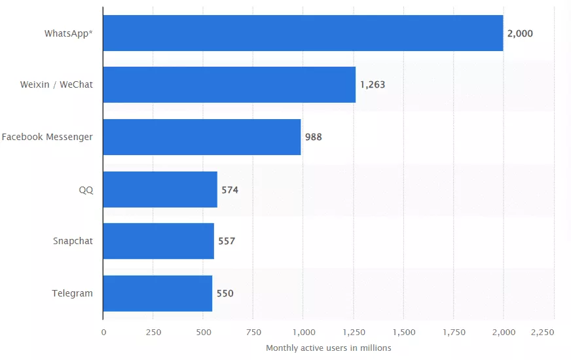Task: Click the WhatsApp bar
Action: tap(303, 33)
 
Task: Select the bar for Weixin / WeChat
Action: tap(229, 84)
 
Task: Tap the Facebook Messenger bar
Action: tap(202, 137)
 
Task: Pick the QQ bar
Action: tap(160, 190)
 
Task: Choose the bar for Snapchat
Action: tap(158, 241)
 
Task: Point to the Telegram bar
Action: tap(158, 293)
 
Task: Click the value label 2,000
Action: tap(520, 33)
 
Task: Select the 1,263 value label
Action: tap(373, 85)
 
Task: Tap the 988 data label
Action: tap(314, 137)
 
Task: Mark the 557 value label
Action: tap(227, 242)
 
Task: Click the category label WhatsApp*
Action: tap(68, 33)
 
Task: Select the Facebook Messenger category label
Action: tap(47, 137)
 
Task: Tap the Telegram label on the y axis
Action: tap(72, 293)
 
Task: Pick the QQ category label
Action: tap(86, 190)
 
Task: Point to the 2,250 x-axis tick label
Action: tap(542, 332)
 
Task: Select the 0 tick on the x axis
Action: tap(103, 332)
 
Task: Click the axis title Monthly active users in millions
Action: tap(328, 348)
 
